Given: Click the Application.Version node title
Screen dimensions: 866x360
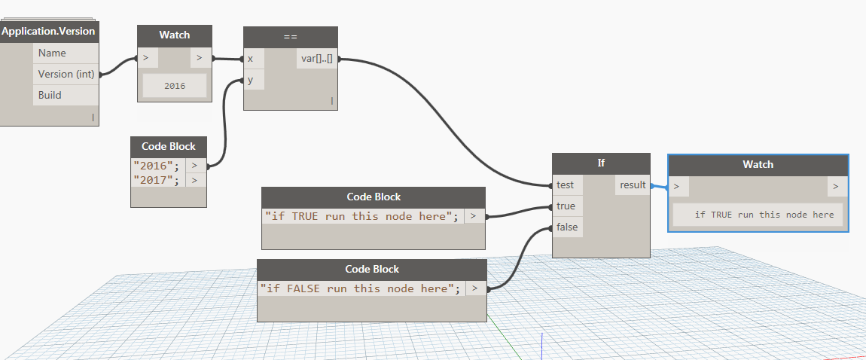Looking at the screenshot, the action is pos(49,32).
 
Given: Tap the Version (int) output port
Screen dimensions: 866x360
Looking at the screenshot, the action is pos(66,74).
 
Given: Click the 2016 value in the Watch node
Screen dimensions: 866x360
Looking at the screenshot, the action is pos(175,86).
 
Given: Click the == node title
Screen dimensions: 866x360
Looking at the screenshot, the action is pos(291,37).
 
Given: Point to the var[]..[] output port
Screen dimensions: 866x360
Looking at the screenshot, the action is pos(317,58).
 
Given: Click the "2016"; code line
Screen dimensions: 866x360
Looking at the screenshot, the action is pos(157,165).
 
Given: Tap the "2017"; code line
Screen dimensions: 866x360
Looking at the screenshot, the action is pos(157,180).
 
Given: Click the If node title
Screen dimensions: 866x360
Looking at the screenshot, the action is pos(601,164).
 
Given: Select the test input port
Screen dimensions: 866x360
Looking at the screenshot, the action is pos(566,185).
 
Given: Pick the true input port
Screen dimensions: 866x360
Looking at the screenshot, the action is pos(566,206).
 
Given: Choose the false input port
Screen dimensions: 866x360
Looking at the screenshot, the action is pos(566,227).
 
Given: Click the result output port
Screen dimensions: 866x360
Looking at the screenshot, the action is pos(633,185).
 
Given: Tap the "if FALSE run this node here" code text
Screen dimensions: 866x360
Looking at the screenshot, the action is pos(360,288).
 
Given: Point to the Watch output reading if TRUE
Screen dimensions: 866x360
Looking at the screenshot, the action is pos(764,215).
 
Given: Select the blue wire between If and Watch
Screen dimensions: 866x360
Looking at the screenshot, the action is pos(659,188).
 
